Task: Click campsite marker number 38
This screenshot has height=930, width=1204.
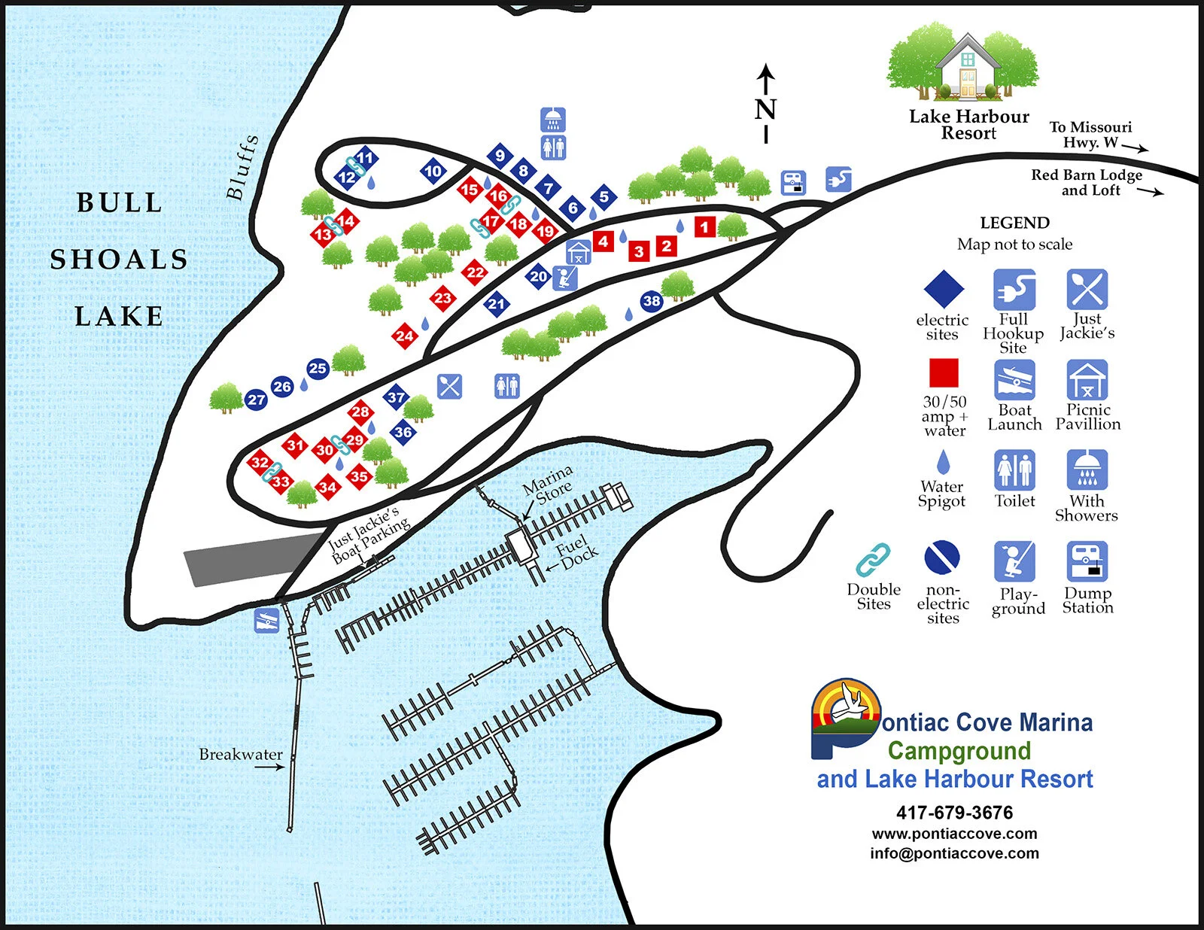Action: tap(652, 302)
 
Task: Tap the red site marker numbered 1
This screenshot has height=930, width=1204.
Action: tap(704, 226)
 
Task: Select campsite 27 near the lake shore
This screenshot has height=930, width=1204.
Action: tap(256, 400)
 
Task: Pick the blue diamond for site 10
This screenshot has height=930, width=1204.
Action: tap(433, 172)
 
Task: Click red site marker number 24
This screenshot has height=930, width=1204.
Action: tap(405, 336)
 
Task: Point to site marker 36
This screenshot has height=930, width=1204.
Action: tap(403, 432)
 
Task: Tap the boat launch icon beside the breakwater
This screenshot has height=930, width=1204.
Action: tap(266, 620)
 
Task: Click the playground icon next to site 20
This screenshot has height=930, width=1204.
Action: tap(565, 278)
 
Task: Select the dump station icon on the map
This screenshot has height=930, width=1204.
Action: tap(793, 182)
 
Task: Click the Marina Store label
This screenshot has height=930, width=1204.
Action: tap(549, 484)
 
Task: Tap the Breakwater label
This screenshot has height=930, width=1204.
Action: tap(241, 754)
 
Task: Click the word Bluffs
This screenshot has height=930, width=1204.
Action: tap(242, 167)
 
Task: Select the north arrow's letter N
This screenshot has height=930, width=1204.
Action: tap(765, 110)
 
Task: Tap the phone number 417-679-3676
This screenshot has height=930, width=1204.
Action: tap(954, 813)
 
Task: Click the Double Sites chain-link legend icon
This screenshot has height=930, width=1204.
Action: tap(873, 560)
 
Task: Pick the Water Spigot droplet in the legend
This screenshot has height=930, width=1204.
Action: tap(943, 462)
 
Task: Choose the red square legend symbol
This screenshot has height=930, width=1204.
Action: tap(944, 372)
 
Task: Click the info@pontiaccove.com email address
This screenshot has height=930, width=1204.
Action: tap(954, 853)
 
